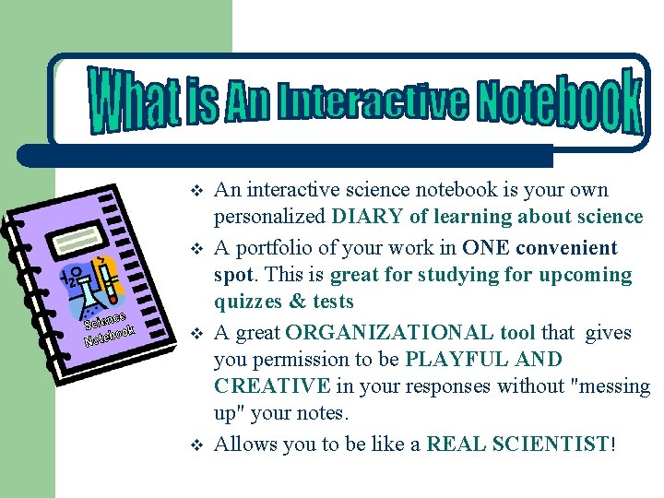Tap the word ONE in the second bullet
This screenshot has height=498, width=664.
(x=487, y=247)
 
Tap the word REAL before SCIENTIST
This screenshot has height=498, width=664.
(x=455, y=445)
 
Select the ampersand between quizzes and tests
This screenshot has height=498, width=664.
(x=297, y=302)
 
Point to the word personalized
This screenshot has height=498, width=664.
(x=269, y=218)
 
